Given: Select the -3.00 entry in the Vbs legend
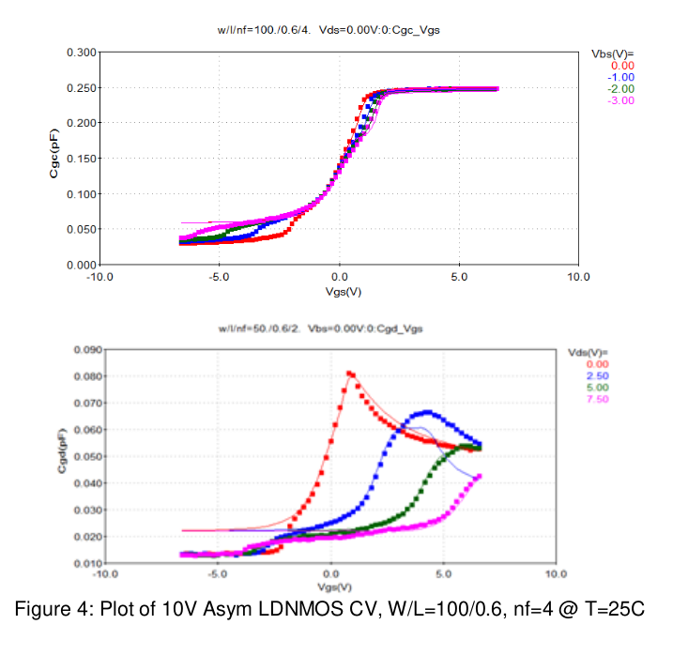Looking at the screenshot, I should point(622,100).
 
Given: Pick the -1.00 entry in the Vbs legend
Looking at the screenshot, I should point(622,77).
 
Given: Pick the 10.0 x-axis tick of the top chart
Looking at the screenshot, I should point(579,278).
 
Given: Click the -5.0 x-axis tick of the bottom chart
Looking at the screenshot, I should point(217,573).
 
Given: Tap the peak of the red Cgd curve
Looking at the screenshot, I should point(350,373).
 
